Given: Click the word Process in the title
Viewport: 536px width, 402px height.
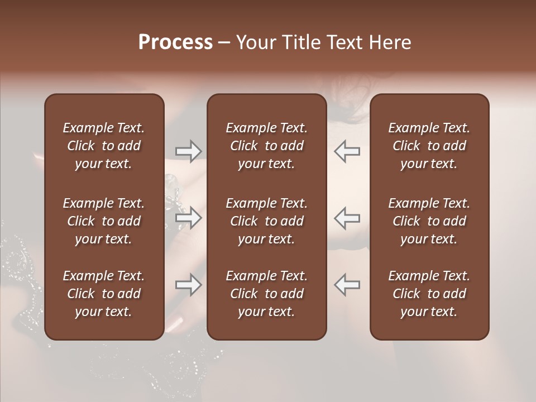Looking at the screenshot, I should (175, 42).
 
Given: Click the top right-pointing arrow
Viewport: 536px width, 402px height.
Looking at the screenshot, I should (188, 151).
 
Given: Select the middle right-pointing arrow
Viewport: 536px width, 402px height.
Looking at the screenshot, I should (188, 218).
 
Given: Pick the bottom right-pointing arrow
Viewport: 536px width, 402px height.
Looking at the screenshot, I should (188, 285).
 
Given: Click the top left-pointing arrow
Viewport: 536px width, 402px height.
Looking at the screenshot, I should (347, 151).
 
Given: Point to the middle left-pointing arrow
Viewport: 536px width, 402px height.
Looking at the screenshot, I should (347, 218).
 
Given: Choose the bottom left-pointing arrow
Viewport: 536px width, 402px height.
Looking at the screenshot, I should (347, 285).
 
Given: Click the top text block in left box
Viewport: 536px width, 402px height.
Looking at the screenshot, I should (104, 146).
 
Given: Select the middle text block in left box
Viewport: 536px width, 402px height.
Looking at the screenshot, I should (104, 221).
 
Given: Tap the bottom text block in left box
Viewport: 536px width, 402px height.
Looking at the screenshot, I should (104, 294).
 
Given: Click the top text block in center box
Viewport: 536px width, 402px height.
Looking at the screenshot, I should (267, 146).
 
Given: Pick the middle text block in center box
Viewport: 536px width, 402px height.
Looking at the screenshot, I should (267, 221).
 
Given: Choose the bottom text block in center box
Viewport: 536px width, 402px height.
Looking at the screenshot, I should (267, 294).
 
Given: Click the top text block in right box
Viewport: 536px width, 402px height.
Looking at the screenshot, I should (429, 146).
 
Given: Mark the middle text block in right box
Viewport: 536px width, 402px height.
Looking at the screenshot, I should (429, 221).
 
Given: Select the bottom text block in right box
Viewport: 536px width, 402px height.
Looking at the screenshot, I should (429, 294).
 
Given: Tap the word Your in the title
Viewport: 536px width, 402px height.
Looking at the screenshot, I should (255, 42).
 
